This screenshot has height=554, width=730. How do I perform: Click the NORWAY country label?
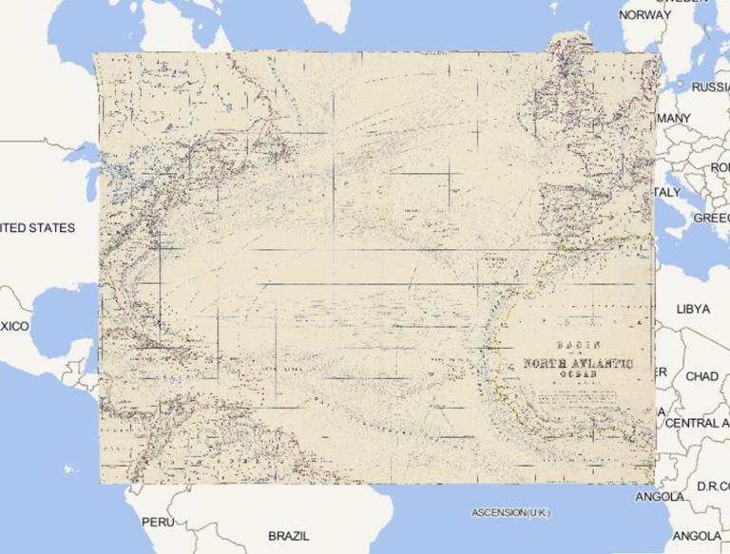(x=644, y=15)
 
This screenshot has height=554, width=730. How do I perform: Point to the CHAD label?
(x=701, y=376)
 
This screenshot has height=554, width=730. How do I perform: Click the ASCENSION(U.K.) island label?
(x=510, y=513)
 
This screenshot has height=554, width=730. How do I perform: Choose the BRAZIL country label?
(x=289, y=536)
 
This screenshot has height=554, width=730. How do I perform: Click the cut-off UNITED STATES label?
(x=36, y=228)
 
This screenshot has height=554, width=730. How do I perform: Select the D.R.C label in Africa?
(x=712, y=487)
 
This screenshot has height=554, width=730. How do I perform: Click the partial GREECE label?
(x=711, y=218)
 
